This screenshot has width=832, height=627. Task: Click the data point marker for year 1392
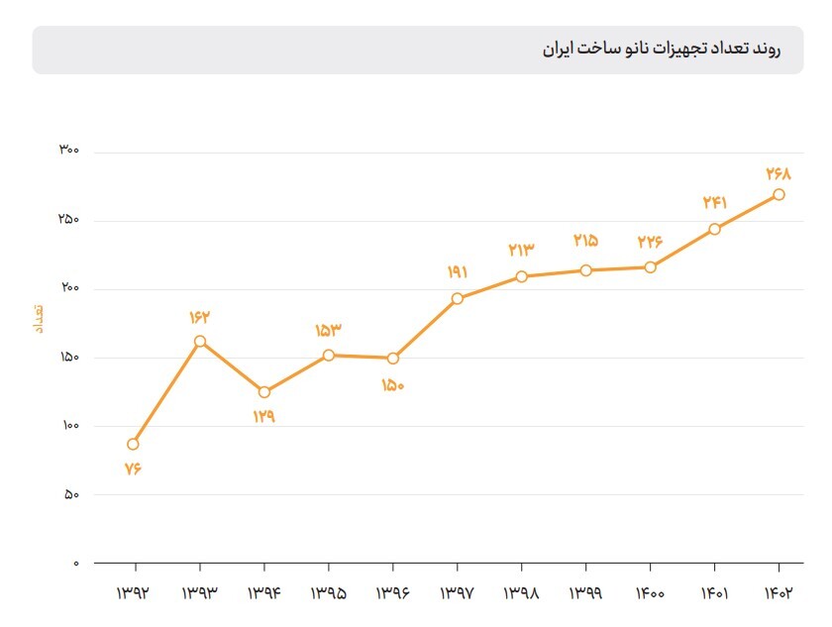pos(134,444)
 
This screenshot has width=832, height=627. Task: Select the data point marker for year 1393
pos(200,342)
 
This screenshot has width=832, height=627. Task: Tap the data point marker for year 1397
pos(458,298)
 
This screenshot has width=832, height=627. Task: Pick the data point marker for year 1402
pos(780,194)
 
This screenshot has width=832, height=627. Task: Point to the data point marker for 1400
pos(651,266)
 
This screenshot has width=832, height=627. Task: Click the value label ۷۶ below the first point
pos(134,469)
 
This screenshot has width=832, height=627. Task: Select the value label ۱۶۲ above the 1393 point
pos(200,317)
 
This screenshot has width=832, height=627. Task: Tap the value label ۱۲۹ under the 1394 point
pos(263,417)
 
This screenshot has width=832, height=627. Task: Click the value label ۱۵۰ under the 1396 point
pos(393,385)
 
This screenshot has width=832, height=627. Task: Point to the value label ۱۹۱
pos(457,272)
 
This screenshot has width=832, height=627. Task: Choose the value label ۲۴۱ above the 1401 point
pos(715,202)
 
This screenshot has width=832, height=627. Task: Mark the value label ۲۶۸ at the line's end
pos(780,173)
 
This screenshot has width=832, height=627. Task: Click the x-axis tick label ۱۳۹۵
pos(328,593)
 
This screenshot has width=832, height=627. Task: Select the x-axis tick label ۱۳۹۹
pos(585,593)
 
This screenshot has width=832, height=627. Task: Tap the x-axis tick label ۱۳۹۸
pos(521,593)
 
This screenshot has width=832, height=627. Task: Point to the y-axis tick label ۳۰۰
pos(68,151)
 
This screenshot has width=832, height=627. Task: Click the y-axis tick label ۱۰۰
pos(68,426)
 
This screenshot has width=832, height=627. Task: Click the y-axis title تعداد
pos(39,317)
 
